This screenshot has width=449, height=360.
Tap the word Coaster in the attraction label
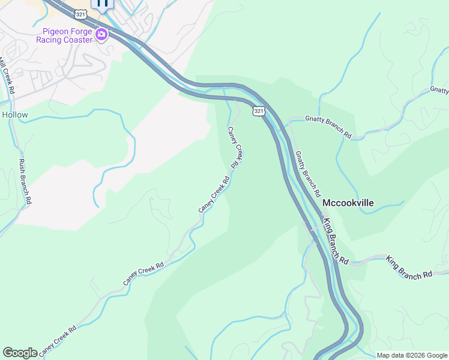tap(79, 40)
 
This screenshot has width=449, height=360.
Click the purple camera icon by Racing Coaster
tap(101, 35)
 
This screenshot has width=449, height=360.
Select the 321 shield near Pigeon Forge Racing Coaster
tap(81, 13)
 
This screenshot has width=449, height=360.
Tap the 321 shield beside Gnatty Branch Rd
tap(258, 111)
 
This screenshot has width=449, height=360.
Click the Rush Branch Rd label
tap(25, 182)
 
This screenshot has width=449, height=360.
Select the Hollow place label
tap(14, 115)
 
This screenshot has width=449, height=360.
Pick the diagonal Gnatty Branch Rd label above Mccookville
tap(306, 174)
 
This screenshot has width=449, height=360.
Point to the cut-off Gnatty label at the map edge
tap(439, 89)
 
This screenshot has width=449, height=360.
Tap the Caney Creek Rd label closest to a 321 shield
tap(235, 147)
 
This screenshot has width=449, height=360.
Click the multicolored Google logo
tap(20, 353)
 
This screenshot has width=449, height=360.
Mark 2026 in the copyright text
tap(419, 355)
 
